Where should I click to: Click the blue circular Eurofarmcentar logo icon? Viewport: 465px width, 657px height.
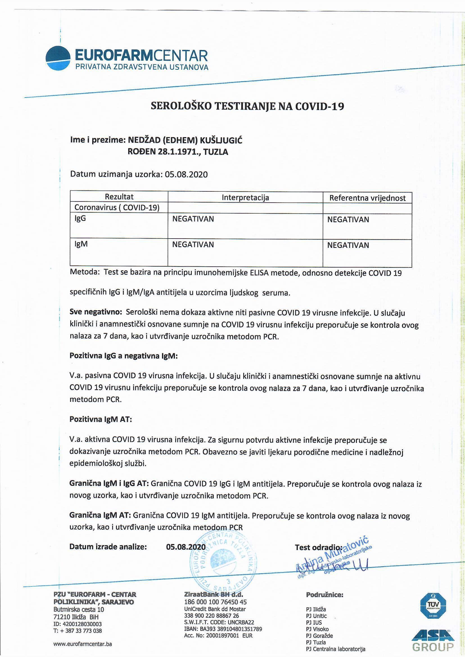tap(58, 58)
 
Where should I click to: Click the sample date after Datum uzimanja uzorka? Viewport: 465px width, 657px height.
tap(186, 174)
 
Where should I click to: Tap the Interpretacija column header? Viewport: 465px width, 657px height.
tap(245, 198)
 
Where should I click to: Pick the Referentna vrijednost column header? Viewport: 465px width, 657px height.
tap(367, 198)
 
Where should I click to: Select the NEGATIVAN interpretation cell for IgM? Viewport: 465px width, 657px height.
tap(193, 244)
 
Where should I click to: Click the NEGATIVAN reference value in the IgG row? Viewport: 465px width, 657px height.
tap(348, 220)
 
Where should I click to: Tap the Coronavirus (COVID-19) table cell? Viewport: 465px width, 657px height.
tap(117, 207)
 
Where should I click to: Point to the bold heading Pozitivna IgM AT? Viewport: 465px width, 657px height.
tap(100, 419)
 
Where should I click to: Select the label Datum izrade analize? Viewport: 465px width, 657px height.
tap(108, 547)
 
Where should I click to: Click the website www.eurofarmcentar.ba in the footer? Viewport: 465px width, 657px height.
tap(82, 644)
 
